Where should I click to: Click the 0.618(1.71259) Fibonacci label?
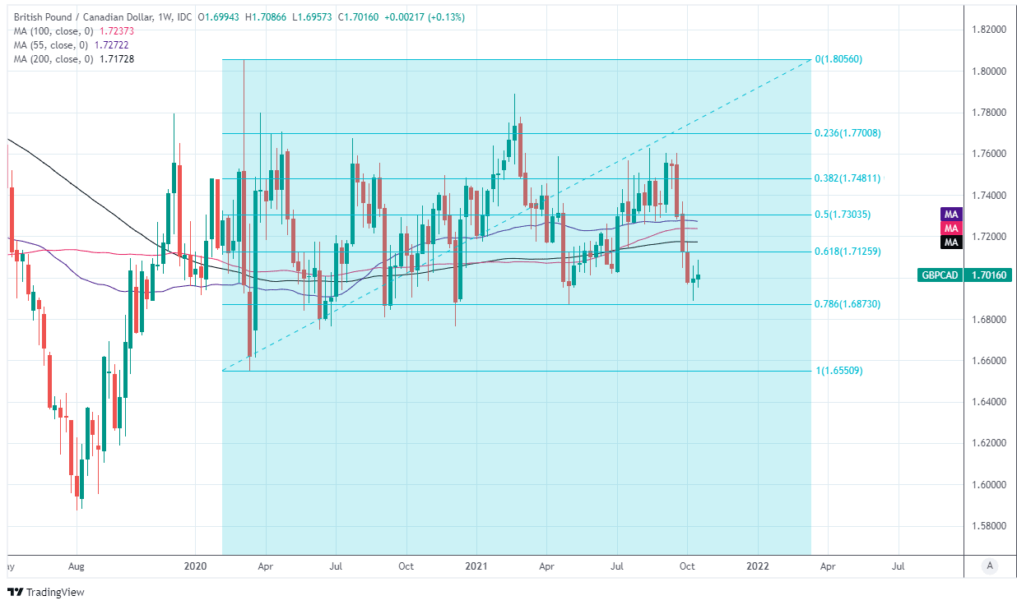(847, 252)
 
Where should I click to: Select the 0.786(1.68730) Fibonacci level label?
(847, 304)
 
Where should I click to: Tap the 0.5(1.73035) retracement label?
(843, 215)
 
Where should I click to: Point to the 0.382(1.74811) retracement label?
(847, 178)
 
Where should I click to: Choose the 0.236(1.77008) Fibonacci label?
(847, 133)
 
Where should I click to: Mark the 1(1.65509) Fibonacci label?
(838, 371)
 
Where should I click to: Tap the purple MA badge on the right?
(951, 214)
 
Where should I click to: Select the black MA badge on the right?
(951, 242)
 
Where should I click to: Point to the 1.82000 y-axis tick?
(988, 30)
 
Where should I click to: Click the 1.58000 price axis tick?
(988, 525)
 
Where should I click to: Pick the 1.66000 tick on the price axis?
(988, 360)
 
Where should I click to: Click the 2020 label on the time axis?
(195, 566)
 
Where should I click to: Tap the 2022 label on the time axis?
(757, 566)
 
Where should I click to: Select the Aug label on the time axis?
(77, 566)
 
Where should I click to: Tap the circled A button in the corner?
(990, 566)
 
